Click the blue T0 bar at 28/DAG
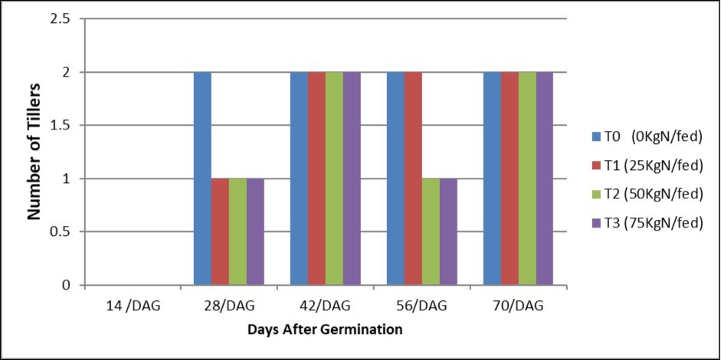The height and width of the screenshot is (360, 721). (202, 178)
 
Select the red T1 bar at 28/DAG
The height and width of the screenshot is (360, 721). (220, 231)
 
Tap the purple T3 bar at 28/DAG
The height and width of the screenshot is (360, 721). (255, 231)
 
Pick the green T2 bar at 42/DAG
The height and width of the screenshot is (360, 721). (334, 178)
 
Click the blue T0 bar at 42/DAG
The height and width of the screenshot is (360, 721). (299, 178)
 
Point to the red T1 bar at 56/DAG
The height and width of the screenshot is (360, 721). (413, 178)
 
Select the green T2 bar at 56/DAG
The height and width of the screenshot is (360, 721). (431, 231)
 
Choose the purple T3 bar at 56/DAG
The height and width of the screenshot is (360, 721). (448, 231)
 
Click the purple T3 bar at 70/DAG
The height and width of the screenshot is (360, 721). (544, 178)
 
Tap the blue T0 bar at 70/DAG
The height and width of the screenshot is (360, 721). (492, 178)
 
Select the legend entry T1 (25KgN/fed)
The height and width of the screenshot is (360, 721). (647, 165)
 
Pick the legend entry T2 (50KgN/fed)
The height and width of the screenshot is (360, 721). (647, 195)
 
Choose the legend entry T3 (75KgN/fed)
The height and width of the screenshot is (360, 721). (647, 224)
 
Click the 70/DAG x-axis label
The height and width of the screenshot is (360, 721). (518, 306)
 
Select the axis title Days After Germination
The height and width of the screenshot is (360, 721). (326, 329)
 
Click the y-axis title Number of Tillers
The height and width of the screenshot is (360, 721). (34, 153)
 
